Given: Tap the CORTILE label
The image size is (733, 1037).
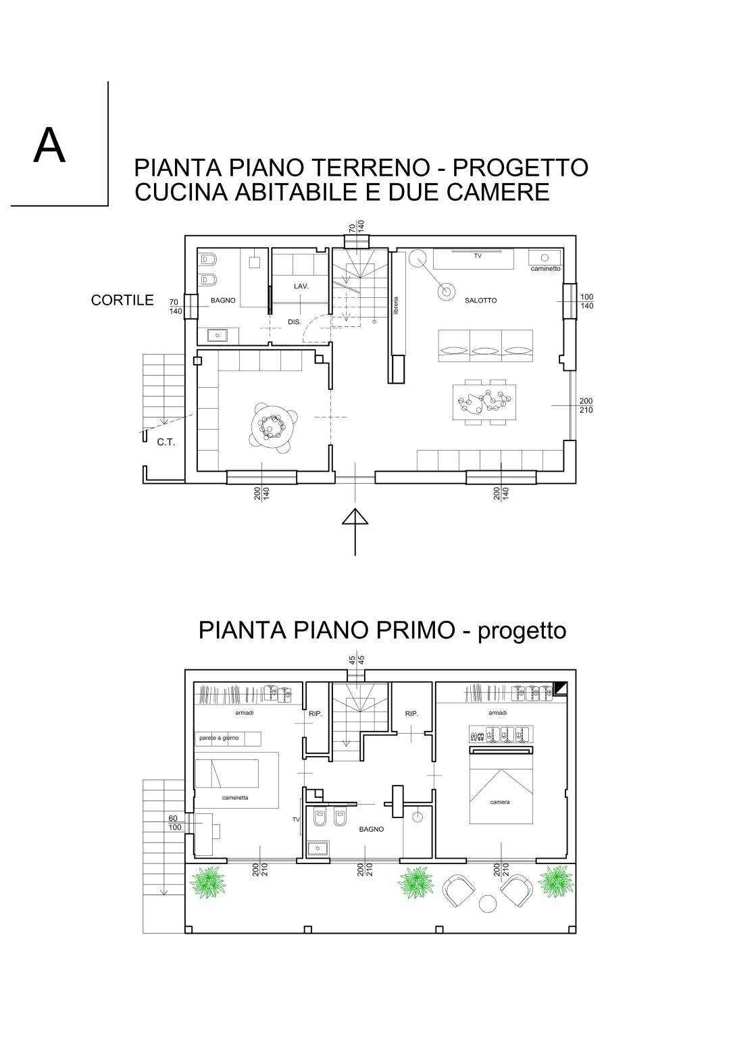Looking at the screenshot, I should pyautogui.click(x=122, y=301).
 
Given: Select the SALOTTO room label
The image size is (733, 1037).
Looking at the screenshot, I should pyautogui.click(x=480, y=301).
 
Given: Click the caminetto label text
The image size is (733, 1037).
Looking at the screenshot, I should pyautogui.click(x=545, y=269).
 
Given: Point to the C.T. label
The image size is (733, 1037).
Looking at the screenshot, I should pyautogui.click(x=166, y=442).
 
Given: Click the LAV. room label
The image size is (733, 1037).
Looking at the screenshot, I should pyautogui.click(x=301, y=286).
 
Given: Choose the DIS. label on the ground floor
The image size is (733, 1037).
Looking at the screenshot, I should pyautogui.click(x=295, y=322).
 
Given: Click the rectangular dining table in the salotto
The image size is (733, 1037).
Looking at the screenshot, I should pyautogui.click(x=485, y=403).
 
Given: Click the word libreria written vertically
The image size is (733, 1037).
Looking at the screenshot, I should pyautogui.click(x=397, y=305).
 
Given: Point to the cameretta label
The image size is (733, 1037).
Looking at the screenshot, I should pyautogui.click(x=235, y=798).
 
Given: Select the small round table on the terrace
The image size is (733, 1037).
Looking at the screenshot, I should pyautogui.click(x=486, y=903).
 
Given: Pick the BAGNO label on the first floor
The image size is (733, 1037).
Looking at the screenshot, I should pyautogui.click(x=371, y=829).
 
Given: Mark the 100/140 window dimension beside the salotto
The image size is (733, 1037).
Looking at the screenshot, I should pyautogui.click(x=586, y=301).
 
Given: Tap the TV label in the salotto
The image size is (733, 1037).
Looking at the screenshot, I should pyautogui.click(x=477, y=255).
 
